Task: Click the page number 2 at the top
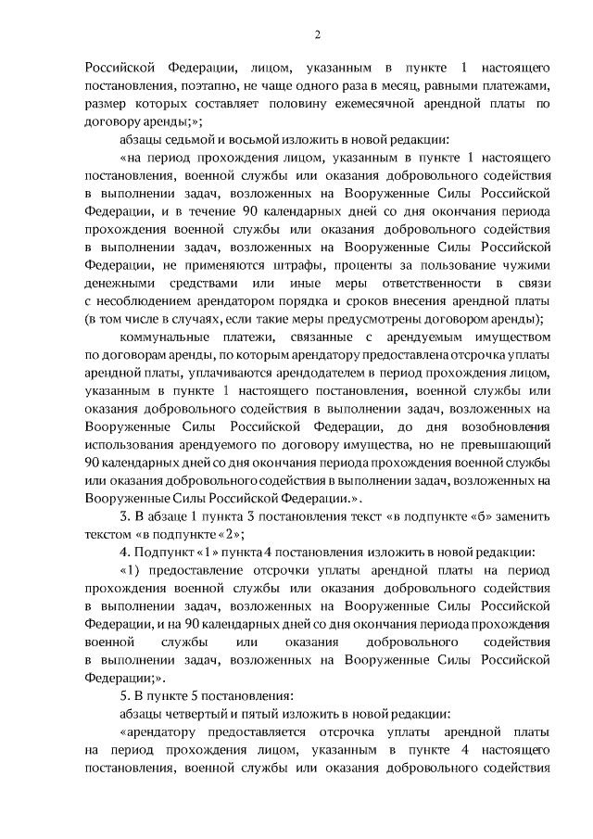pos(317,36)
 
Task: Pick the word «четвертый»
pos(197,712)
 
